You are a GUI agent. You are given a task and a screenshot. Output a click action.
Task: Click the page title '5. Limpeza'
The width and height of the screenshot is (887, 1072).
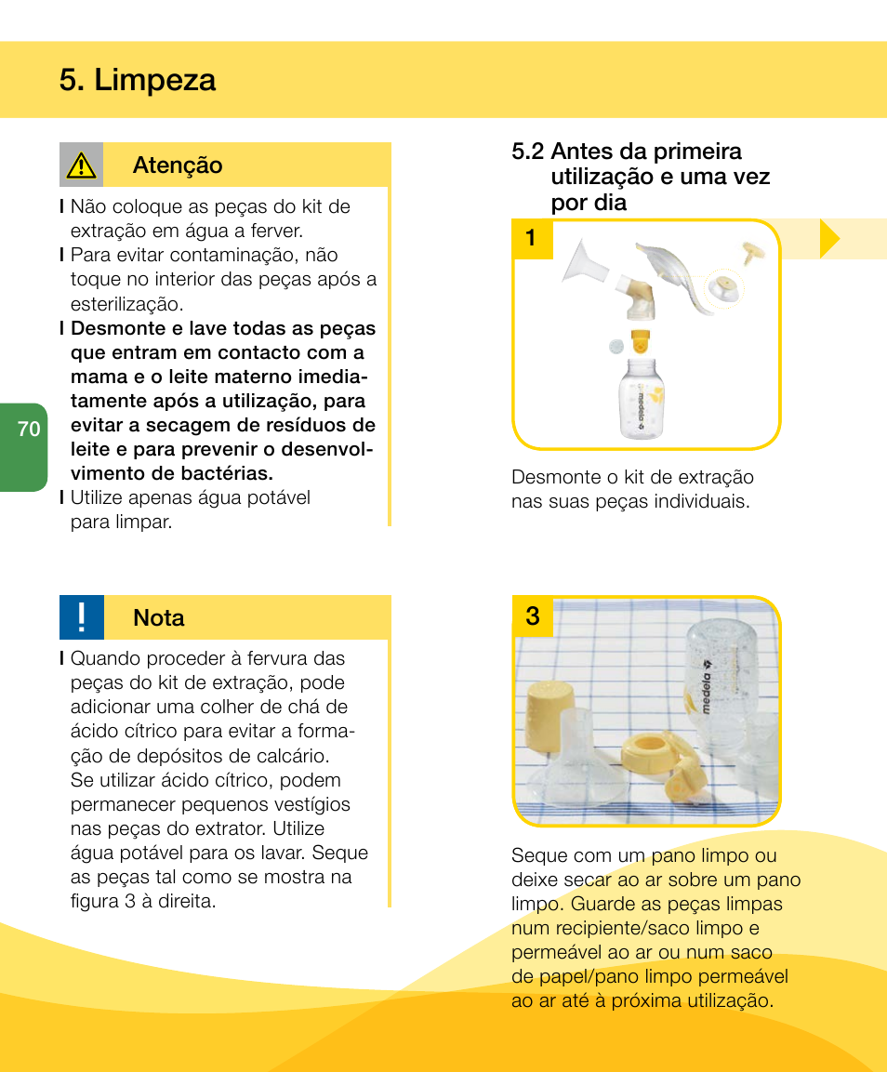pos(137,80)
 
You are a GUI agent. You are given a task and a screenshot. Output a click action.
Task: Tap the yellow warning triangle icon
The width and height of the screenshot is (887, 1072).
pos(82,165)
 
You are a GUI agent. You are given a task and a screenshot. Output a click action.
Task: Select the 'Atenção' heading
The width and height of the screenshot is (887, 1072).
pos(178,165)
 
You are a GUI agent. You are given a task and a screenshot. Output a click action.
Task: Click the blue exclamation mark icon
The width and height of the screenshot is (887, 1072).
pos(82,617)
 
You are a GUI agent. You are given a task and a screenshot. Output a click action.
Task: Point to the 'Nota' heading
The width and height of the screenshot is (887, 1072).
pos(159,618)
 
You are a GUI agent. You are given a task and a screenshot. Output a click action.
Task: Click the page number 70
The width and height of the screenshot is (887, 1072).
pos(29,430)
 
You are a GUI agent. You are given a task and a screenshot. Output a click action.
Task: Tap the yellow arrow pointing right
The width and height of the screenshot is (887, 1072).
pos(829,240)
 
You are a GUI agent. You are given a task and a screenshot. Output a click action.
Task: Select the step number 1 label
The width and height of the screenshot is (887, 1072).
pos(530,239)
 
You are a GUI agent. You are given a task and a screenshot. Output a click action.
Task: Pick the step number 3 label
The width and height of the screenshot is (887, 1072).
pos(532,616)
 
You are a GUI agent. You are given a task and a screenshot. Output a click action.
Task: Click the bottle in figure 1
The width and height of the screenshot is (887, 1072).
pos(642,400)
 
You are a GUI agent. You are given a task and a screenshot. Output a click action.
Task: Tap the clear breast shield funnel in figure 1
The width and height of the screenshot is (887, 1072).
pos(586,261)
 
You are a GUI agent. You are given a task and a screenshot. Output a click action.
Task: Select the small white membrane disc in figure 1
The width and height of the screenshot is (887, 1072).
pos(615,346)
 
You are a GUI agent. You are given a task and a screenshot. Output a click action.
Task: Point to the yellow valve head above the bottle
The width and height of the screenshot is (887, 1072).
pos(640,341)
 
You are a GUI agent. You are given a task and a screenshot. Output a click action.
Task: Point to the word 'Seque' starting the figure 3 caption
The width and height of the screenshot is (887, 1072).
pos(537,855)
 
